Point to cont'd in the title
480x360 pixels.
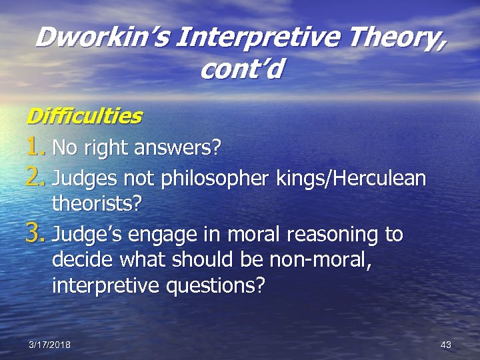click(240, 69)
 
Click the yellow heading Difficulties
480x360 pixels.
click(84, 116)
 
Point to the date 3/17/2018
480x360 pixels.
click(50, 344)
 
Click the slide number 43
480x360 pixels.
click(446, 344)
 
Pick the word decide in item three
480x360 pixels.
click(78, 261)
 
